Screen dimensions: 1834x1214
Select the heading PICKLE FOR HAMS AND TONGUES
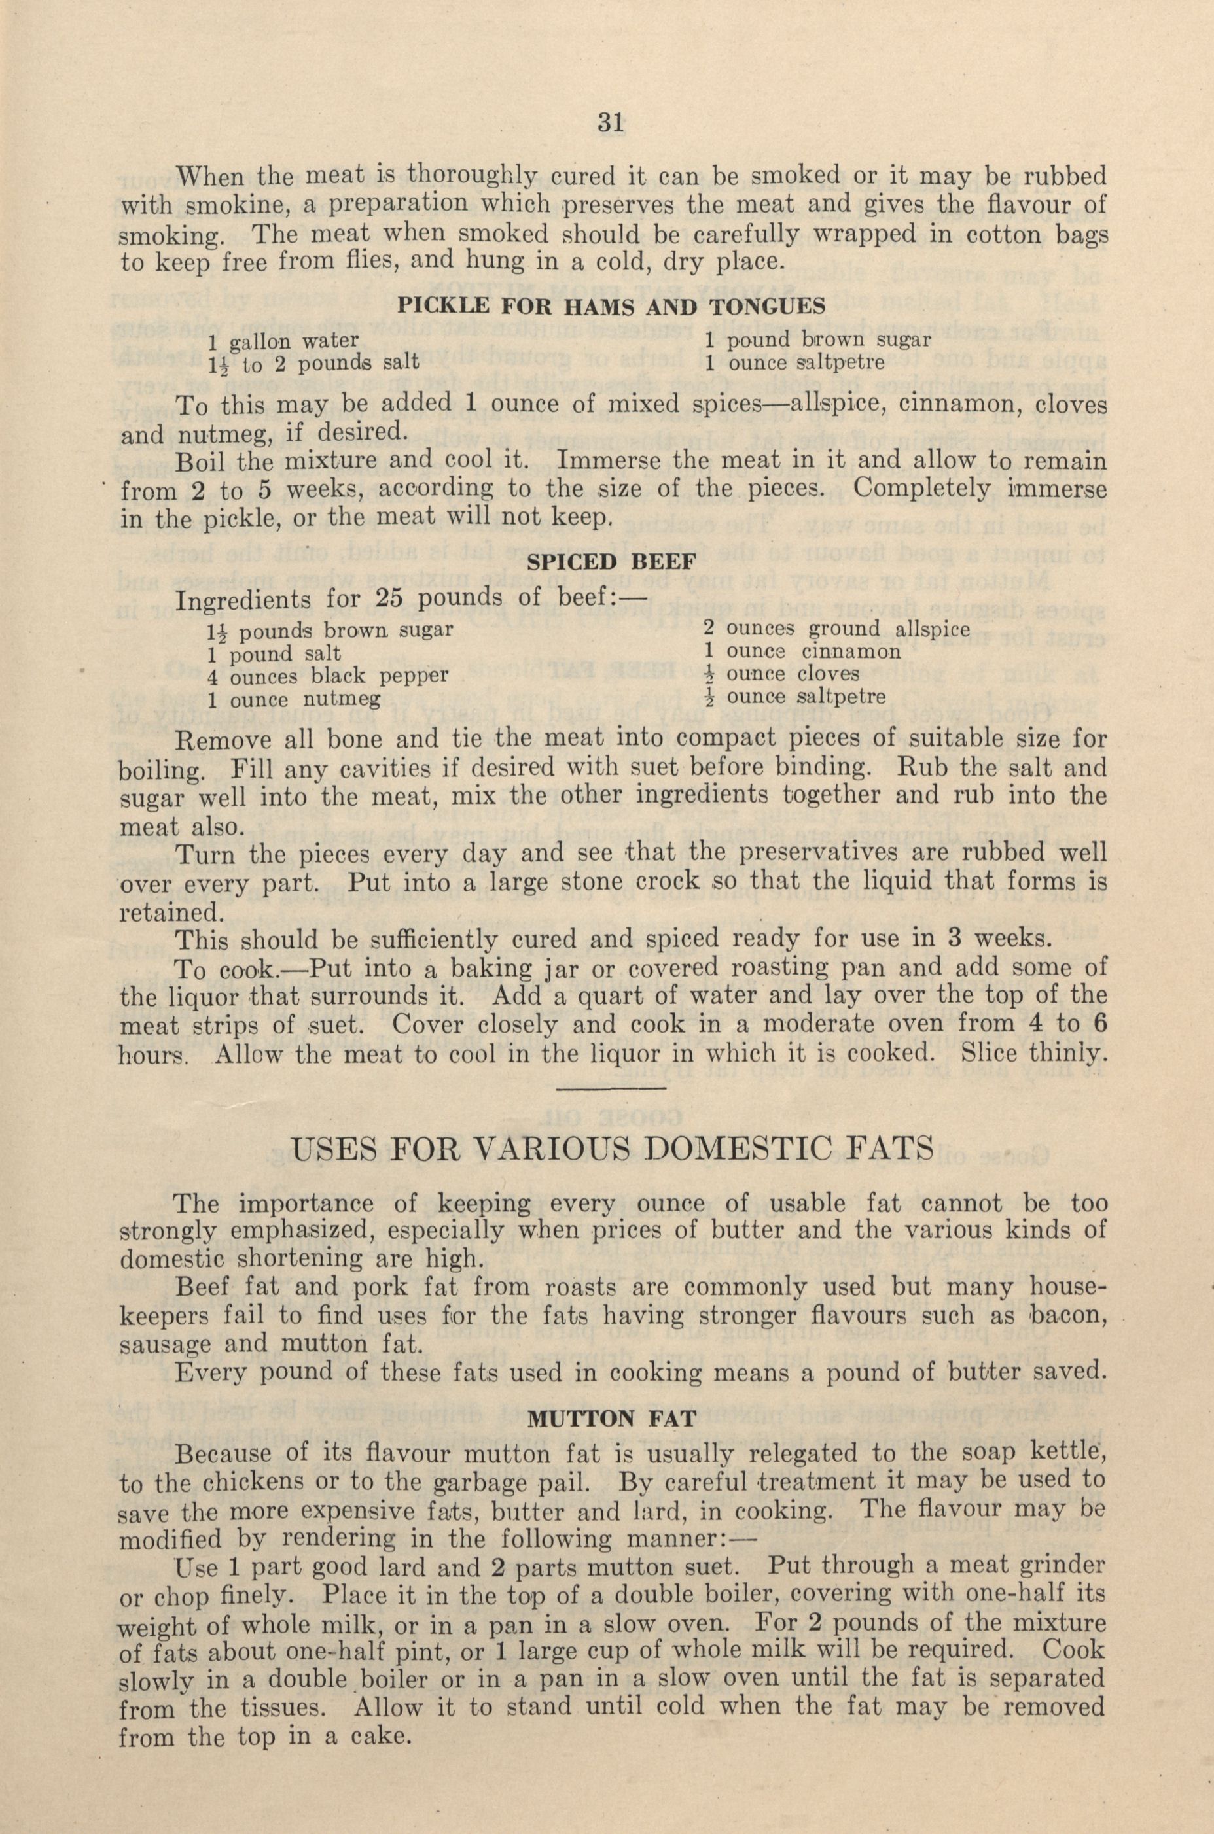click(610, 305)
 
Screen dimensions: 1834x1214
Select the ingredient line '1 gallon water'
click(283, 339)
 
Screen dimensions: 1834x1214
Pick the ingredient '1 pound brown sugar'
click(817, 339)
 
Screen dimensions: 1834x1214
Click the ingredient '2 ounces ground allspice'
click(836, 629)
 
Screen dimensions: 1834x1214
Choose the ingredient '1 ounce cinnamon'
click(803, 651)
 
